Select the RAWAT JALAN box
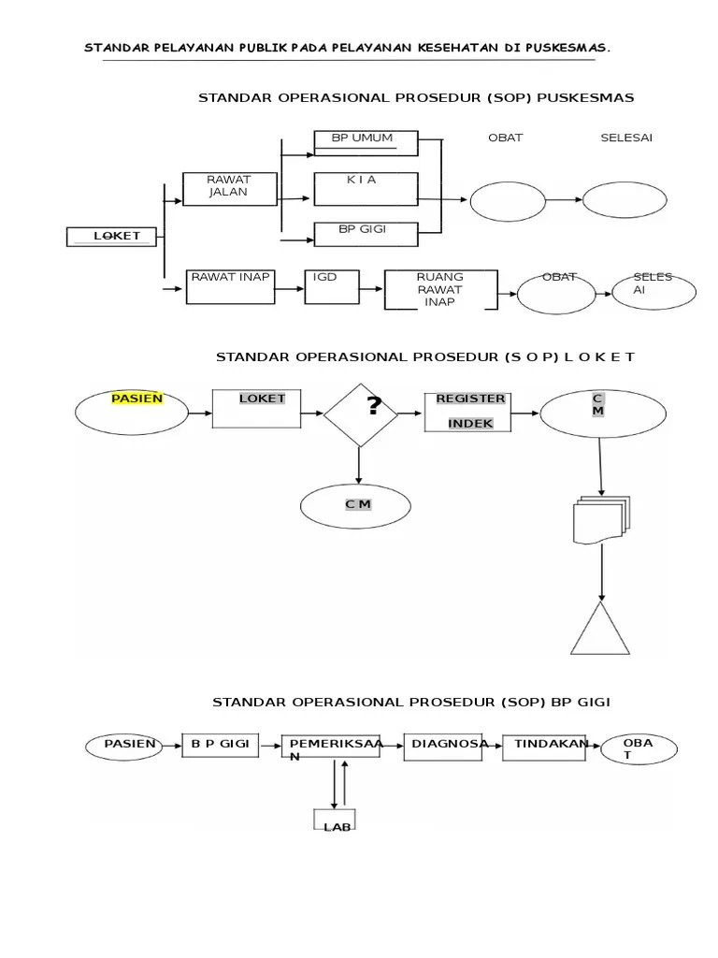tap(229, 188)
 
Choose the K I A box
tap(366, 190)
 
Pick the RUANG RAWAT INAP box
tap(439, 290)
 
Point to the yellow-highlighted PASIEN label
tap(136, 399)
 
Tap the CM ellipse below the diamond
tap(357, 506)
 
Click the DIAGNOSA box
tap(448, 747)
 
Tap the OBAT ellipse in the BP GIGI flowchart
tap(639, 748)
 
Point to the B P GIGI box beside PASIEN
tap(221, 747)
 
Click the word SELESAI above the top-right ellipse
tap(625, 138)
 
